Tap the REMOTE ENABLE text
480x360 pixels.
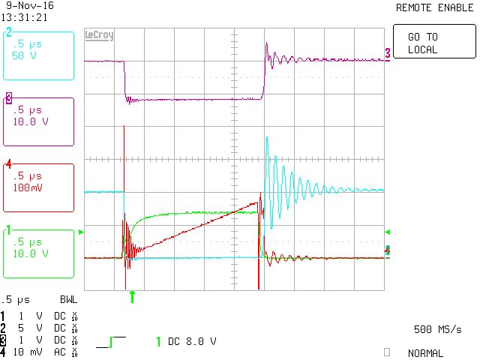[x=430, y=7]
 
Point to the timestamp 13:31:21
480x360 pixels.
[x=25, y=16]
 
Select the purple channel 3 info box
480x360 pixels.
[x=38, y=121]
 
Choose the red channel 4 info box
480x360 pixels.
[x=38, y=187]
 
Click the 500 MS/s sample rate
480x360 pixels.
[x=437, y=329]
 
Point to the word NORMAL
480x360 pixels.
[x=424, y=353]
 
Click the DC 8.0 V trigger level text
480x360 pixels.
[x=191, y=341]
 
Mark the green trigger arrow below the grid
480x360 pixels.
[x=133, y=297]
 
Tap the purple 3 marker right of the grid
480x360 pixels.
[x=388, y=52]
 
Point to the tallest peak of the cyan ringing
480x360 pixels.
[x=266, y=137]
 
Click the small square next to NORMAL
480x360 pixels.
[x=386, y=352]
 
